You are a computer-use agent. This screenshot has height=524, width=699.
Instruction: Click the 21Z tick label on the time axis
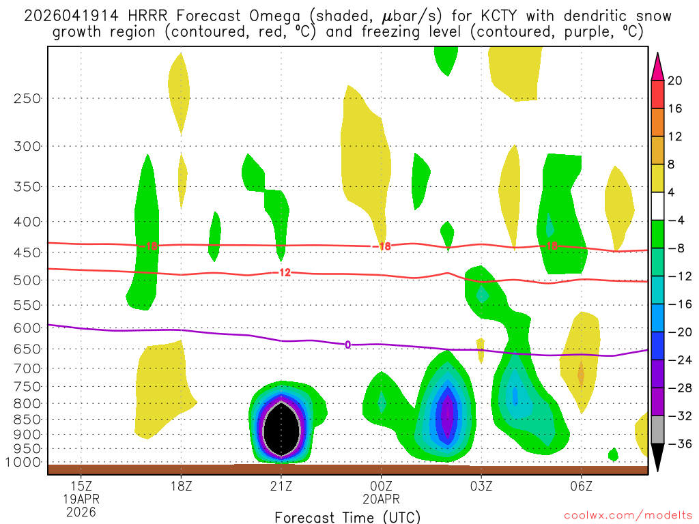click(281, 486)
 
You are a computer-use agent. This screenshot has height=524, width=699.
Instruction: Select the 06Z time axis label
click(581, 486)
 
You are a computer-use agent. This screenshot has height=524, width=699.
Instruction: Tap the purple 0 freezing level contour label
click(347, 345)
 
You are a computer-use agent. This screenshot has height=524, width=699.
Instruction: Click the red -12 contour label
click(284, 272)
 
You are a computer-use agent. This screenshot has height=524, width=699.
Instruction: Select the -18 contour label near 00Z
click(383, 246)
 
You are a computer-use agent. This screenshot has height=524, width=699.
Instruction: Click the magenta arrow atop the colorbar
click(658, 67)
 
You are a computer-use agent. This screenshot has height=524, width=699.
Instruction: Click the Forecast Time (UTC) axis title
click(347, 516)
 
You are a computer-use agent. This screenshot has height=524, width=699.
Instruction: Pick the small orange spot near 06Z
click(581, 374)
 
